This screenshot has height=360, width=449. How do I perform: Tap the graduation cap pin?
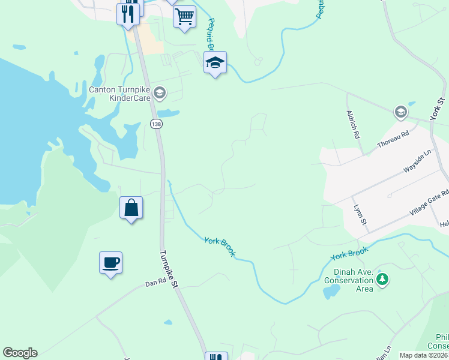215,62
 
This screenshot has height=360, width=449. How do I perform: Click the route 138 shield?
156,124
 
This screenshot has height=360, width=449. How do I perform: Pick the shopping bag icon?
131,208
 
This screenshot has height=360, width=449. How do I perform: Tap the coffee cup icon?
110,263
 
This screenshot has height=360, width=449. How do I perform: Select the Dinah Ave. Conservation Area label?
349,280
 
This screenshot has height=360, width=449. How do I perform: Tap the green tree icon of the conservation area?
382,280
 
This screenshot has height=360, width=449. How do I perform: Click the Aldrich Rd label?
352,125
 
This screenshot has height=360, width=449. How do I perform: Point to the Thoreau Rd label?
393,140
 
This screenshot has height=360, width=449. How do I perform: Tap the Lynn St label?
360,215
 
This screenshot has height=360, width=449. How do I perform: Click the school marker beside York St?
400,112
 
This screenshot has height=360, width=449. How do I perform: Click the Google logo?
20,353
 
